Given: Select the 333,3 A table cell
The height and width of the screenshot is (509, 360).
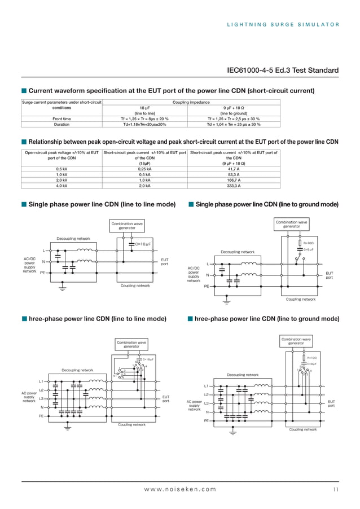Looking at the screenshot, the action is coord(233,185).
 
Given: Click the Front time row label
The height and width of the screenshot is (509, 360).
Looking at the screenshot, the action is coord(62,119).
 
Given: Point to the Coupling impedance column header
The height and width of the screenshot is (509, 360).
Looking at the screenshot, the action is coord(191,102).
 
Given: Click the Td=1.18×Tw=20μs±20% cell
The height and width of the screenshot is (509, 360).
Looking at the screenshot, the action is coord(144,124).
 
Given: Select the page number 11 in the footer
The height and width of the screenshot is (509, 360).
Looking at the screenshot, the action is coord(336,489).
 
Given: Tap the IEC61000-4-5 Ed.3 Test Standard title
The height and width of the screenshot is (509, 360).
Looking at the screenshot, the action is coord(283,71).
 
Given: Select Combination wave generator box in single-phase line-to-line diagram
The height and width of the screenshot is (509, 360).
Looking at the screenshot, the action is coord(127,226).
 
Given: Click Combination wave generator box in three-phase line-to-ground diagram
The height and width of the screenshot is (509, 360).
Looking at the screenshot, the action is coord(296,341).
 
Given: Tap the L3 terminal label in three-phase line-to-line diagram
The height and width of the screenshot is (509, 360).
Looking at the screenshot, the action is coord(41,399).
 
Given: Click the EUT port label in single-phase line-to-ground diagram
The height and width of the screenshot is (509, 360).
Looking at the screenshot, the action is coord(330,275).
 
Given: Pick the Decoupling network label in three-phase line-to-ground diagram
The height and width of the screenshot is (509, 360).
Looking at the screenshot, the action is coord(242,375).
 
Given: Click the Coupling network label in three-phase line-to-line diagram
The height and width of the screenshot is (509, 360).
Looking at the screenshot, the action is coord(131,424).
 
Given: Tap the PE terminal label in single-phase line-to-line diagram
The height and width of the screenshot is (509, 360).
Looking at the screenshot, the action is coord(42,273).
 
